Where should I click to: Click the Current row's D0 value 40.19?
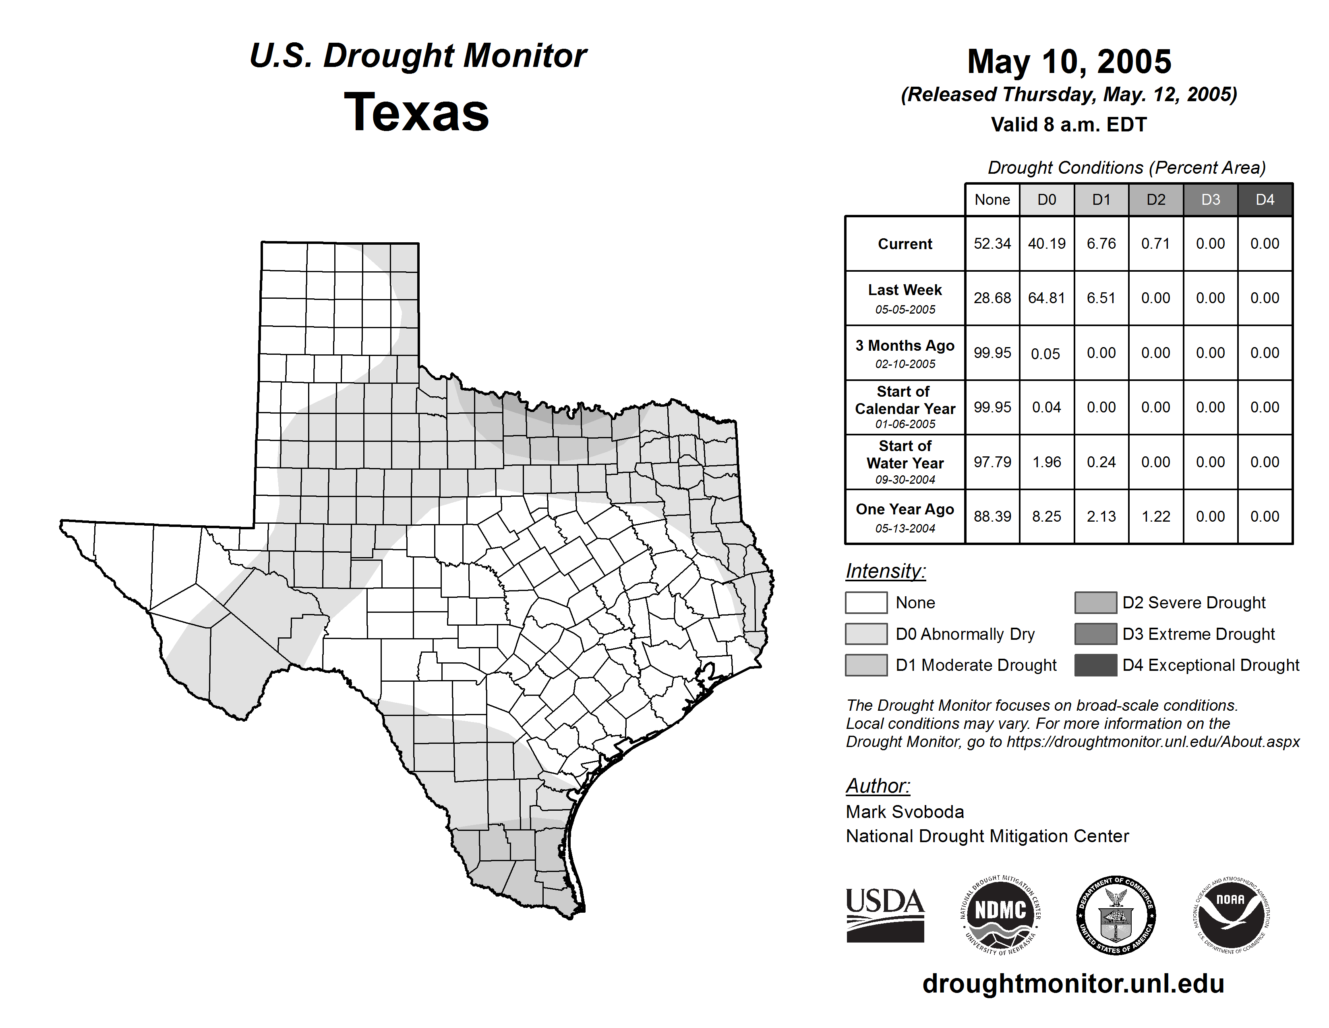[1047, 243]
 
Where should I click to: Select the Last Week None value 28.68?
[992, 298]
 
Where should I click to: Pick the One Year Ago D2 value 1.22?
[1155, 516]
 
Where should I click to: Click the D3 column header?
[1210, 200]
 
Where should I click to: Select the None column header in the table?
[992, 200]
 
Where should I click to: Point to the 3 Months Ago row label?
[905, 353]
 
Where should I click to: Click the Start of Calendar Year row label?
[905, 407]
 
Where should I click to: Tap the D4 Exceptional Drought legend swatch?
[1095, 665]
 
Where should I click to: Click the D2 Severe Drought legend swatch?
[1095, 602]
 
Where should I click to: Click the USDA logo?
[885, 915]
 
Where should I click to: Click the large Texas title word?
[416, 112]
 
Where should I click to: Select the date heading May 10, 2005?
[1069, 62]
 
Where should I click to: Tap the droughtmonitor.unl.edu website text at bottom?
[1073, 984]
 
